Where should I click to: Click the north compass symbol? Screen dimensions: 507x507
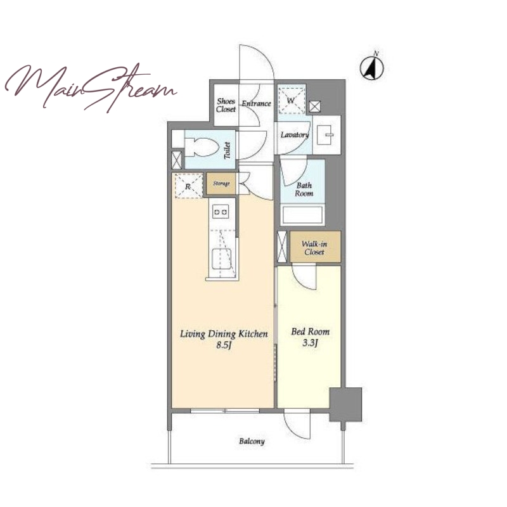coord(372,67)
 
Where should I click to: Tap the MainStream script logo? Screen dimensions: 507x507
coord(91,87)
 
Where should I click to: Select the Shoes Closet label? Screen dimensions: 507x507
coord(226,105)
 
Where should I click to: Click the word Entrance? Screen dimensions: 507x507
coord(257,103)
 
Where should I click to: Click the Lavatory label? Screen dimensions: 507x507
coord(294,135)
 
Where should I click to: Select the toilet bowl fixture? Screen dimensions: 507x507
coord(200,148)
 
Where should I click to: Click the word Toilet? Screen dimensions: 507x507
coord(228,150)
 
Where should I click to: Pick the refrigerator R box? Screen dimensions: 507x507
coord(188,186)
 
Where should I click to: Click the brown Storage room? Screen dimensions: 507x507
coord(221,184)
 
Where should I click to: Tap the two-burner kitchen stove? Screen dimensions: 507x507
coord(220,212)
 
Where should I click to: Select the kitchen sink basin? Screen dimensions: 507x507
coord(222,259)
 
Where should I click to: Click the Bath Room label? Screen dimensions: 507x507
coord(304,189)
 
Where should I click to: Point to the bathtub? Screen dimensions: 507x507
coord(302,214)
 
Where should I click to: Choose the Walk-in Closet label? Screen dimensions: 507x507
coord(314,248)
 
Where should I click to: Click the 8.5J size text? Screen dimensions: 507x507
coord(224,345)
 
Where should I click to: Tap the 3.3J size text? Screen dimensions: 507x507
coord(311,343)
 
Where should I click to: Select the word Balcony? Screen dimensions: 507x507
coord(252,441)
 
